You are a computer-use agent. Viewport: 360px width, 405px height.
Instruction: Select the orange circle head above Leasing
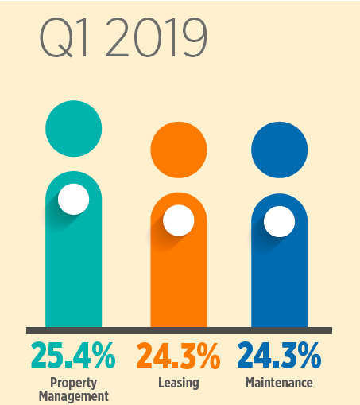click(x=178, y=150)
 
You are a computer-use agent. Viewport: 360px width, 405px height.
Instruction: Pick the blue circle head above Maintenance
click(x=279, y=150)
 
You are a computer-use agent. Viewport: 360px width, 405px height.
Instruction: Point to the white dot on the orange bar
click(x=178, y=220)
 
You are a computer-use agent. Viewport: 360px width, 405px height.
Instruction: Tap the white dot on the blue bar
click(x=279, y=221)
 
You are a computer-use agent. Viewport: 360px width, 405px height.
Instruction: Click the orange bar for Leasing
click(x=178, y=286)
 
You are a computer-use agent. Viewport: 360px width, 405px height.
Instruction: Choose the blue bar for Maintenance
click(x=279, y=286)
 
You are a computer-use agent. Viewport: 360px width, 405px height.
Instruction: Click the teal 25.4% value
click(x=73, y=355)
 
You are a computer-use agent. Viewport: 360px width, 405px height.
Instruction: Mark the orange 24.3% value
click(x=178, y=355)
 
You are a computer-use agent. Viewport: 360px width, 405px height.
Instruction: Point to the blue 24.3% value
click(x=279, y=355)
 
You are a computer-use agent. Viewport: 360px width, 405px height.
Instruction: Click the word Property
click(x=73, y=382)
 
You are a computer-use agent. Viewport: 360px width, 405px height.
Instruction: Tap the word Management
click(x=73, y=395)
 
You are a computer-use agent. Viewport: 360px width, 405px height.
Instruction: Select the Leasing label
click(x=178, y=383)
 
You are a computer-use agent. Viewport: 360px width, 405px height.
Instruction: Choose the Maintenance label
click(x=279, y=383)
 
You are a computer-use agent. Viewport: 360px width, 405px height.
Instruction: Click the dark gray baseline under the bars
click(x=178, y=330)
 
